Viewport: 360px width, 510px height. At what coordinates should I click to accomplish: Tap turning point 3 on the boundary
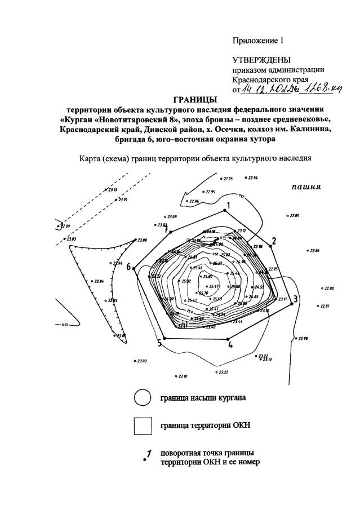tap(292, 303)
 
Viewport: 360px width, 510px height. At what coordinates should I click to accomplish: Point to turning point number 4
tap(228, 339)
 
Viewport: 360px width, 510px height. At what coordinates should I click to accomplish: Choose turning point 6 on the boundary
tap(136, 267)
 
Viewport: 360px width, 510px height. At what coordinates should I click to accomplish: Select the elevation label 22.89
tap(295, 216)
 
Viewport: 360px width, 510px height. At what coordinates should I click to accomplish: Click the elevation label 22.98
tap(303, 338)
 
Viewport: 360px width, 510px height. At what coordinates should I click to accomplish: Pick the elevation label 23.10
tap(183, 376)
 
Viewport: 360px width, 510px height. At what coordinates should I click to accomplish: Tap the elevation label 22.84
tap(99, 281)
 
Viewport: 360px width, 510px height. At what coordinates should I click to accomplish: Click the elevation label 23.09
tap(171, 216)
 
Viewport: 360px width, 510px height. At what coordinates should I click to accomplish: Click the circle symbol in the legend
tap(142, 398)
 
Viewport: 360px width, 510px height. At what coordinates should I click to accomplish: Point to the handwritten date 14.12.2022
tap(264, 90)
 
